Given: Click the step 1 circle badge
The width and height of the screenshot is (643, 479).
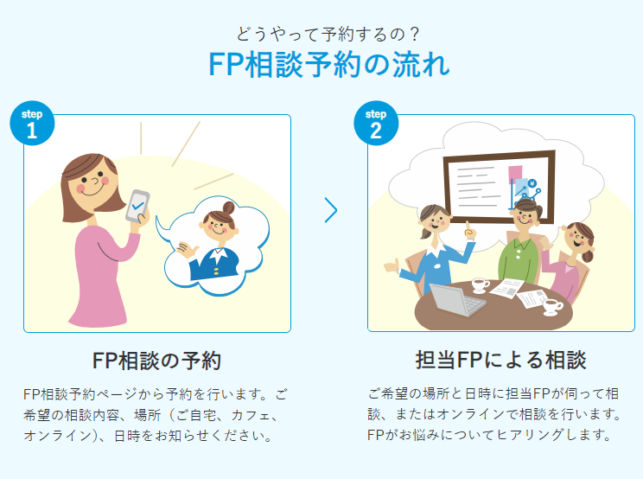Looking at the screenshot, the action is pyautogui.click(x=32, y=123).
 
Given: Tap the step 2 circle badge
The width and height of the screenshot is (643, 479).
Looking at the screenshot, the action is pyautogui.click(x=376, y=123).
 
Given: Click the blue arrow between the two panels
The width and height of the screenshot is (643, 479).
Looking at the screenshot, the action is pyautogui.click(x=331, y=210).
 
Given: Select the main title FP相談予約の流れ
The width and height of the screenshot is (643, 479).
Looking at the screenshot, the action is pyautogui.click(x=329, y=65).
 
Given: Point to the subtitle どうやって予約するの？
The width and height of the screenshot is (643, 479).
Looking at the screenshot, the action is pyautogui.click(x=328, y=34).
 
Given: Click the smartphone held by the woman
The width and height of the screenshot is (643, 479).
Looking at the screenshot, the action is pyautogui.click(x=137, y=207).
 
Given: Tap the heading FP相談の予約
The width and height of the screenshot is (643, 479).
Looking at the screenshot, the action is pyautogui.click(x=156, y=361).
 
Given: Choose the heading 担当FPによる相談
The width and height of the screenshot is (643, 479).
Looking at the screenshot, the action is pyautogui.click(x=501, y=360).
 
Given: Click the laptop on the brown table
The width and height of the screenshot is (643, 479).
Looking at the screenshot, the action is pyautogui.click(x=456, y=300).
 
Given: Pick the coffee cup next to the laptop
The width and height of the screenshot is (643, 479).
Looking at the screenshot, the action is pyautogui.click(x=480, y=285).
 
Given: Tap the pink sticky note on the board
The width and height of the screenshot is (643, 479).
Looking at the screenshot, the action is pyautogui.click(x=515, y=175).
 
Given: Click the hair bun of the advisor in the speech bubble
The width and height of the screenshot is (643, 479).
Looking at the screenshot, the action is pyautogui.click(x=228, y=208).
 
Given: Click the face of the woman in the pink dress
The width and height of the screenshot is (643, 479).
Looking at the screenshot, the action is pyautogui.click(x=92, y=181).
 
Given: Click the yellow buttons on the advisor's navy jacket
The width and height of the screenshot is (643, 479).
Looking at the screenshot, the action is pyautogui.click(x=216, y=271).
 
